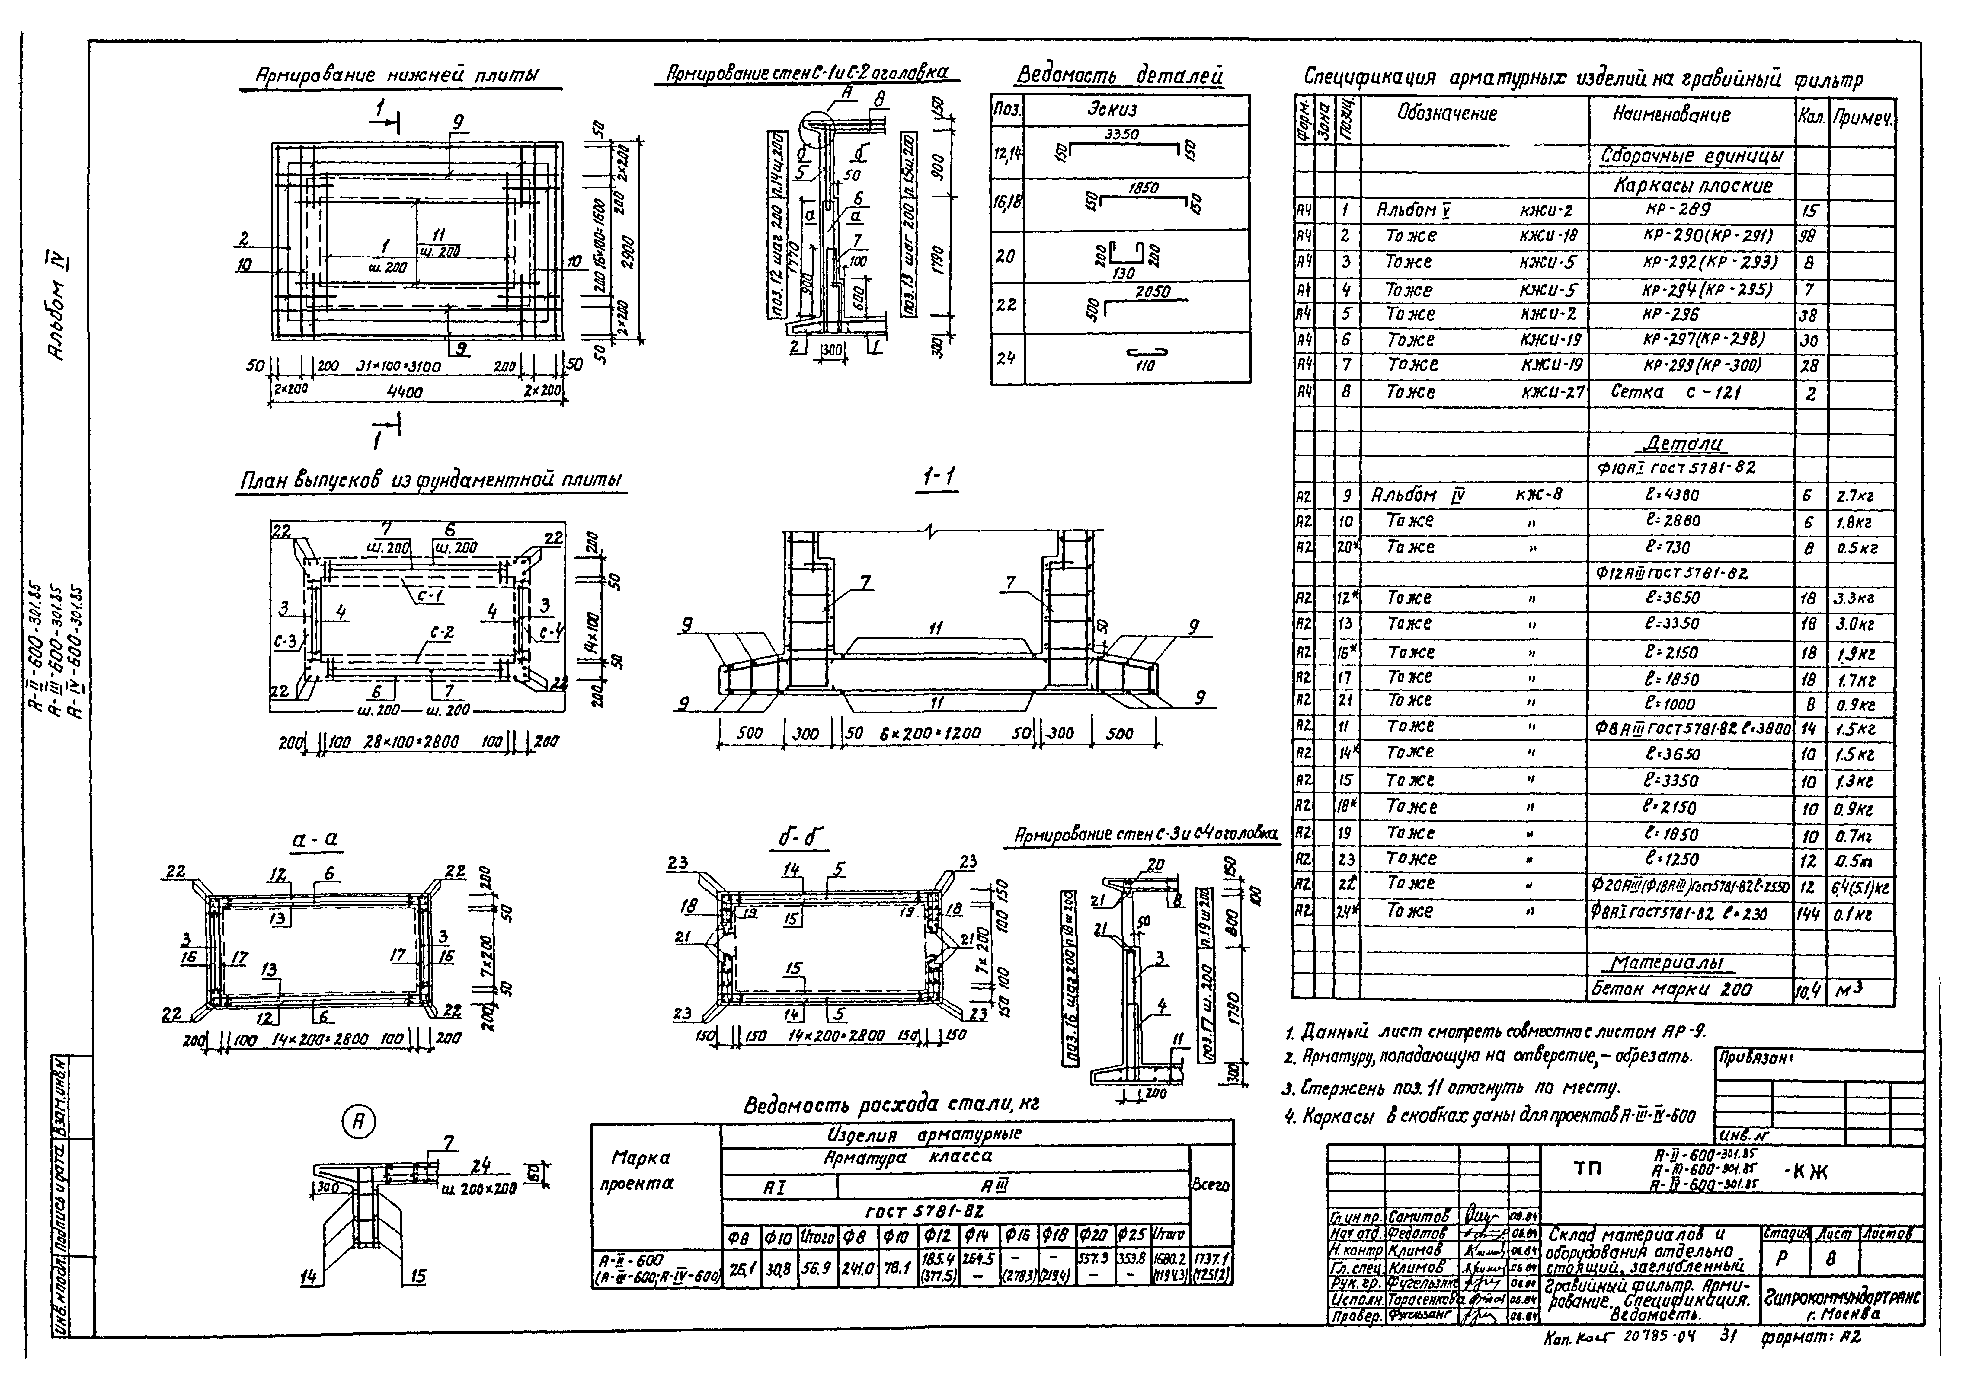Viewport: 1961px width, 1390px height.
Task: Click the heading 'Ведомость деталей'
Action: [x=1119, y=76]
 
